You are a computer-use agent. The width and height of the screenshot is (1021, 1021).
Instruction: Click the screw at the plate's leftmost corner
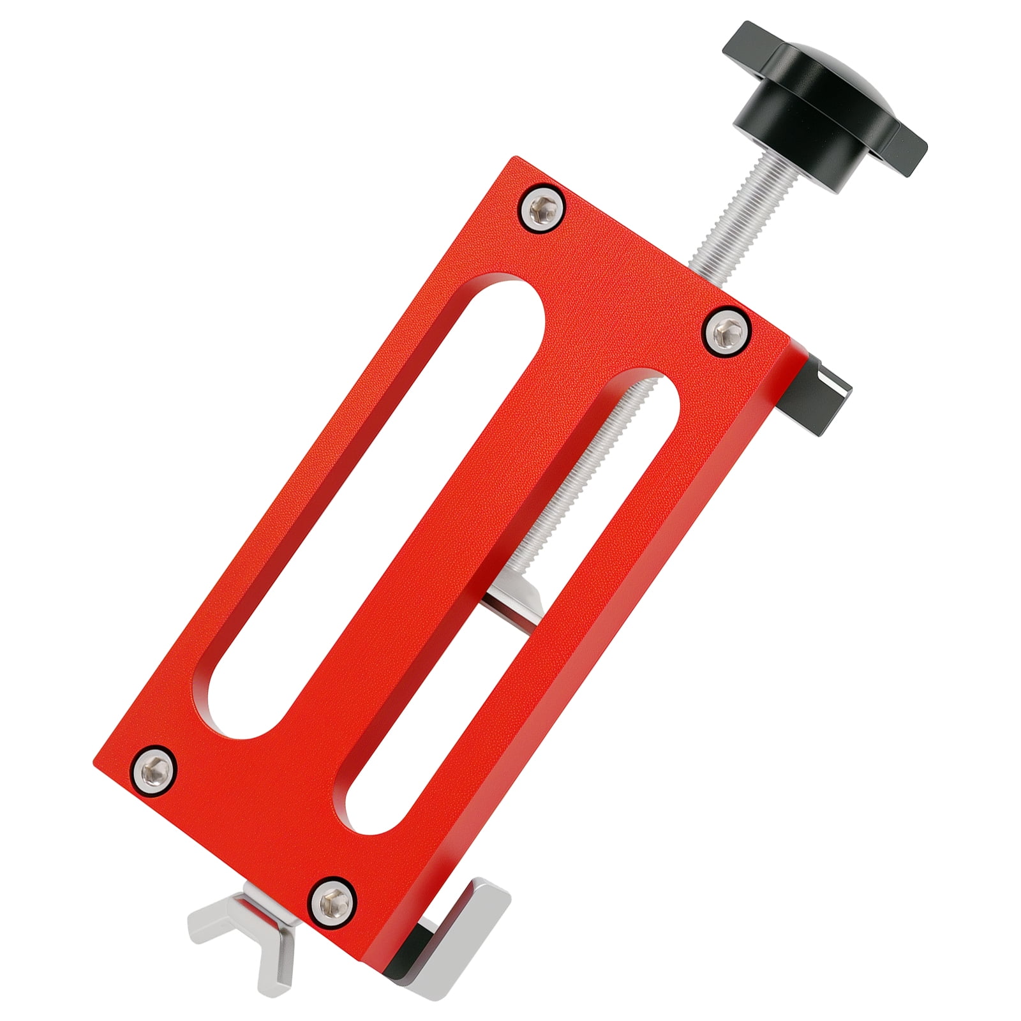[x=154, y=766]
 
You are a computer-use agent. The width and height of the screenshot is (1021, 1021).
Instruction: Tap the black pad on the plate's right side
[x=823, y=396]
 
